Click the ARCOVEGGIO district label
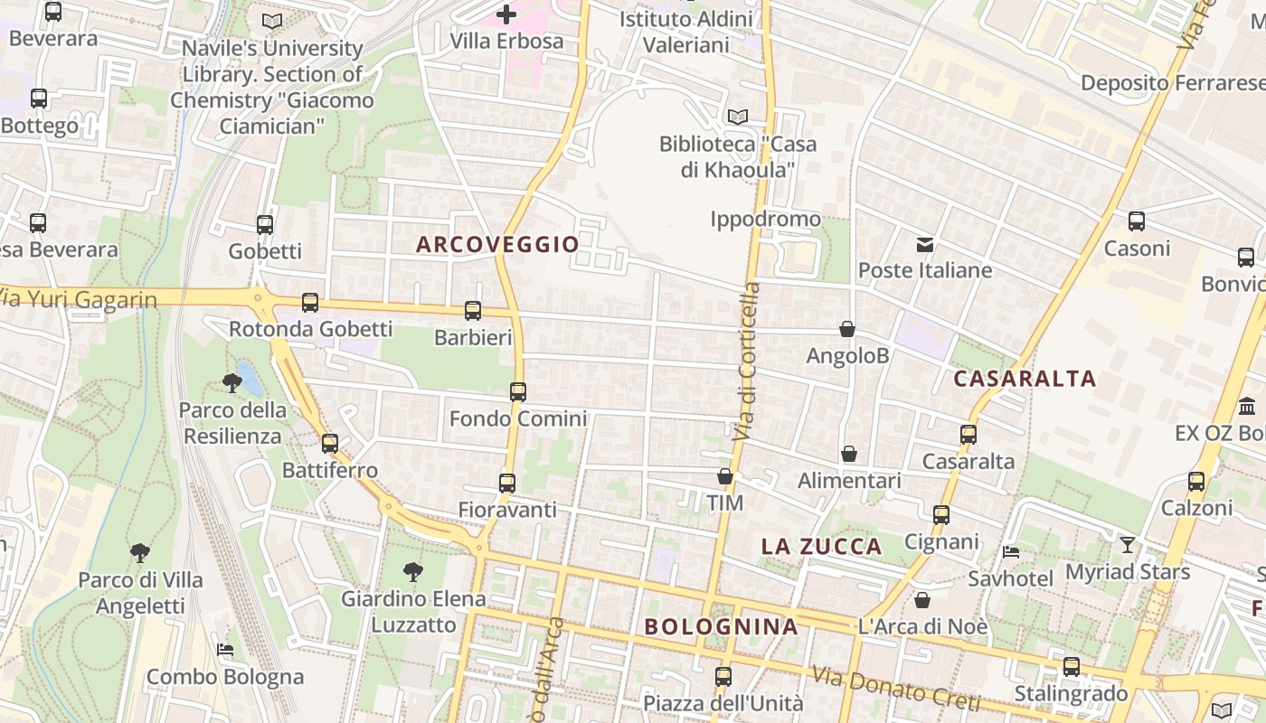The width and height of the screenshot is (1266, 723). click(x=497, y=244)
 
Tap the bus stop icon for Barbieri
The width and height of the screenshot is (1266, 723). click(x=473, y=311)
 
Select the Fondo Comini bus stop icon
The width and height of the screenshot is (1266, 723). click(x=518, y=392)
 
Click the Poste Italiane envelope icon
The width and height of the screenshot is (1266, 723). click(x=925, y=244)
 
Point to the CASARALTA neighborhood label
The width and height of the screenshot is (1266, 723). click(x=1025, y=379)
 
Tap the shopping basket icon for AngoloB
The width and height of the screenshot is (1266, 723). click(x=847, y=330)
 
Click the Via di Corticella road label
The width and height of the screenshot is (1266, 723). click(x=747, y=361)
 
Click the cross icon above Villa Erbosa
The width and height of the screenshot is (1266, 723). click(x=506, y=14)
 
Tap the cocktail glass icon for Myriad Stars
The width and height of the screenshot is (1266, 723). click(x=1127, y=544)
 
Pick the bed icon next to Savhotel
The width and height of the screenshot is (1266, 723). click(x=1011, y=551)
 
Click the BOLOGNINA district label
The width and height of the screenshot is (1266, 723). click(x=721, y=626)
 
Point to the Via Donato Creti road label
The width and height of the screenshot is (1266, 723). click(x=895, y=687)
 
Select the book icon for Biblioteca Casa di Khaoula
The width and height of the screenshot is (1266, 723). click(x=738, y=117)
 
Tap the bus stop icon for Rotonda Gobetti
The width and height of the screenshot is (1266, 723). click(x=310, y=303)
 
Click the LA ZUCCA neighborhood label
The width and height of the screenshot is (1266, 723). click(x=821, y=546)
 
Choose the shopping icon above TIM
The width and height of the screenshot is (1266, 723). click(x=724, y=476)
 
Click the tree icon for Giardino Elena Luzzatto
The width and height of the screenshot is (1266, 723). click(x=413, y=571)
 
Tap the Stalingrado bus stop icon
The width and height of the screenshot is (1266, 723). click(x=1072, y=667)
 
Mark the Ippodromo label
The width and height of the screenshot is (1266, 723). click(x=765, y=219)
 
